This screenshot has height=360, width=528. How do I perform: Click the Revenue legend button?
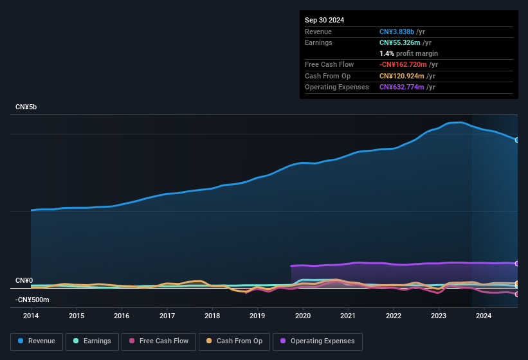pos(36,341)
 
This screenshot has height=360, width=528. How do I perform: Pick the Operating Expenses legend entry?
pos(318,341)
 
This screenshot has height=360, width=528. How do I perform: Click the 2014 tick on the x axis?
pos(31,316)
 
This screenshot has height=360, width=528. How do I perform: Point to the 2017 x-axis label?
pos(167,316)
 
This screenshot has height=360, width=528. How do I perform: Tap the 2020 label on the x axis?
pos(303,316)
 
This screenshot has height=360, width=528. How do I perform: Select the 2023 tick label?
pos(439,316)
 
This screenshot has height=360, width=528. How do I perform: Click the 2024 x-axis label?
pos(484,316)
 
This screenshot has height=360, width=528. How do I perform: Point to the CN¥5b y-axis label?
pos(26,107)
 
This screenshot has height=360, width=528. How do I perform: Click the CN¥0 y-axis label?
pos(24,281)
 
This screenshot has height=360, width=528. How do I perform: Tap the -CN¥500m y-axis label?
pos(32,300)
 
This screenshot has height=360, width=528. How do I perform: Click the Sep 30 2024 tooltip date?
pos(324,20)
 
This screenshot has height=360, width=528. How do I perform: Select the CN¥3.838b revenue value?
pos(396,32)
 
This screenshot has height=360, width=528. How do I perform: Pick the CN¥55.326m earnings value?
pos(401,42)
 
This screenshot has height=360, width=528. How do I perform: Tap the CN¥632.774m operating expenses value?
pos(401,87)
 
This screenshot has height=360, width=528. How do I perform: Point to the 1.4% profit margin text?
pos(408,53)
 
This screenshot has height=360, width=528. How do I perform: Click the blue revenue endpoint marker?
pos(516,139)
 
